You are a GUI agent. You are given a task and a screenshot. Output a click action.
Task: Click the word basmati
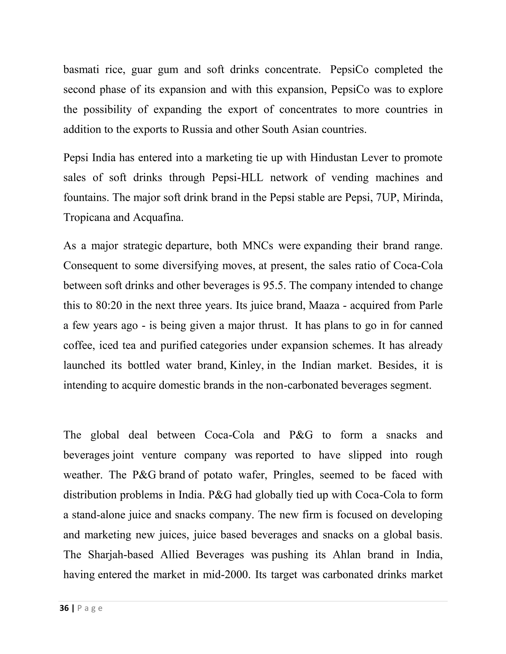[x=81, y=70]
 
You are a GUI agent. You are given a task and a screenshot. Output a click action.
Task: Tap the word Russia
[x=197, y=129]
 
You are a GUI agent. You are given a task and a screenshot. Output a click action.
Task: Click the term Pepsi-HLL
[x=237, y=178]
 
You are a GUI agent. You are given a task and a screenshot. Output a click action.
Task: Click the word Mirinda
[x=423, y=197]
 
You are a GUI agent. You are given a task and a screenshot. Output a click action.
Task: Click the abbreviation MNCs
[x=258, y=246]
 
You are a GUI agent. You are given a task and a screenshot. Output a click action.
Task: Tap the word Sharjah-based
[x=121, y=555]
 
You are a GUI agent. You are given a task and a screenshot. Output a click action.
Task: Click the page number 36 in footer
[x=64, y=608]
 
